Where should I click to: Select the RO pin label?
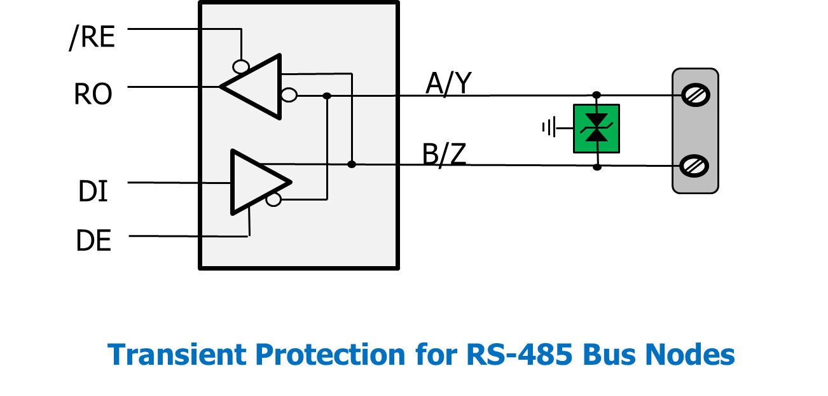click(93, 94)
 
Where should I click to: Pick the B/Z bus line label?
click(444, 155)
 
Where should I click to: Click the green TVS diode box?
click(597, 129)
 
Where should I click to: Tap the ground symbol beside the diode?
click(548, 128)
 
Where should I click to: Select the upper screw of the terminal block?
click(694, 95)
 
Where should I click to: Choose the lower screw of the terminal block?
click(694, 166)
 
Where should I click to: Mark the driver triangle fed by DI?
click(254, 181)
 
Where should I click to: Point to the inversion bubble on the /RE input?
click(240, 66)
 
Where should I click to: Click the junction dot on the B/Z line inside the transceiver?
click(352, 164)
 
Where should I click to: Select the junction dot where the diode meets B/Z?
click(597, 167)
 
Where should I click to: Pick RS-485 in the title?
click(506, 354)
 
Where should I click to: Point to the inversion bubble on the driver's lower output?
click(273, 200)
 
